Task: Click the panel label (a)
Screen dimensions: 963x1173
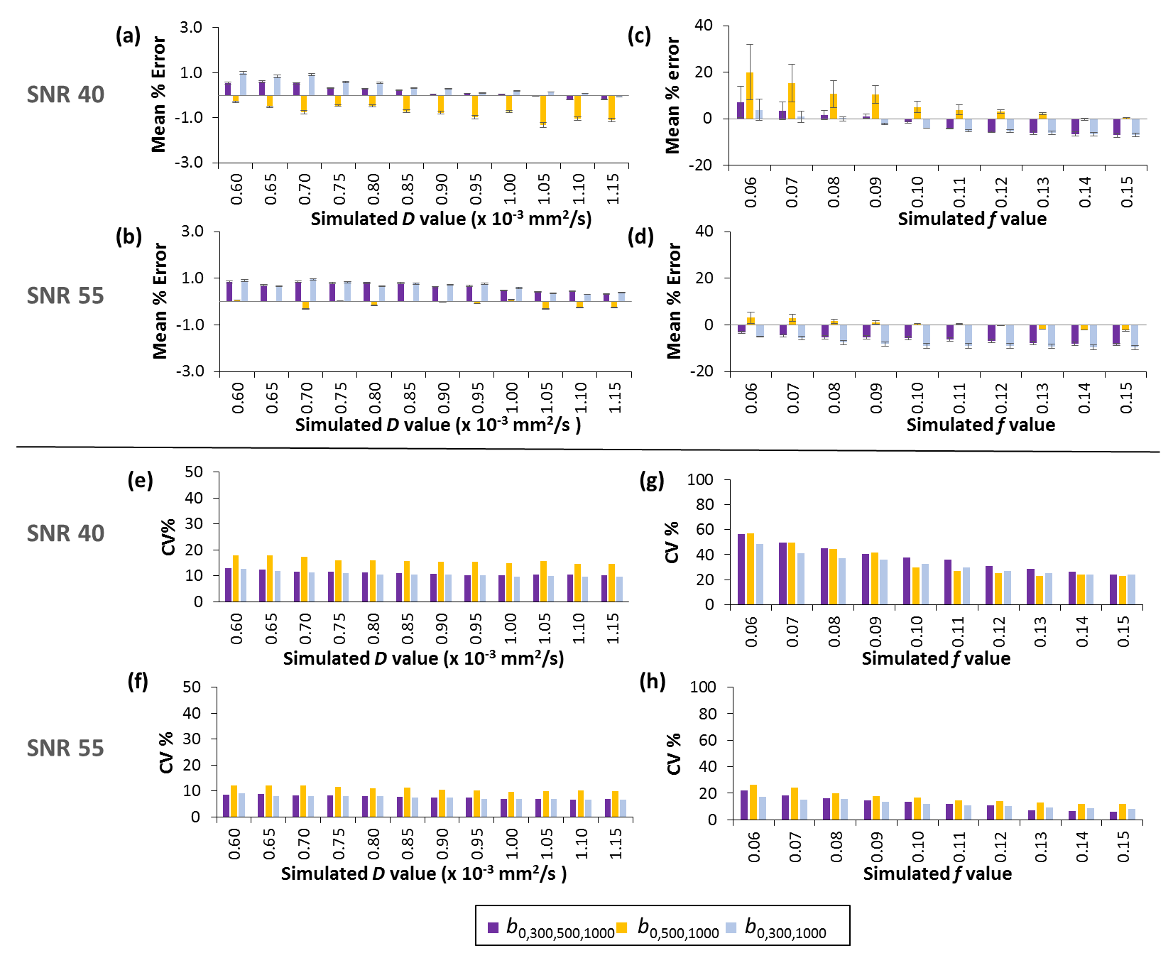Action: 128,36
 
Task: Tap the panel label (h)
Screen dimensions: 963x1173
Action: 652,681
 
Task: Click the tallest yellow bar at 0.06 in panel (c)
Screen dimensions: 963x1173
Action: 750,95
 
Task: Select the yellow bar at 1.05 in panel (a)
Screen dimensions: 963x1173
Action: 543,109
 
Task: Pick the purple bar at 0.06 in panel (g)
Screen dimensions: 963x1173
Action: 741,569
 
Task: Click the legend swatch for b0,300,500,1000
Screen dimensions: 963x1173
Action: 493,927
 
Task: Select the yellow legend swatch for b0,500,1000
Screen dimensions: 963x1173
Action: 622,927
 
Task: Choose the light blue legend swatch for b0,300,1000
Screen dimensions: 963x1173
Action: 731,927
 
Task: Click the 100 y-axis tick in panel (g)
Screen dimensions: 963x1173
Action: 699,480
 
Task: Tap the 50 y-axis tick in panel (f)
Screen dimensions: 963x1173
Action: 191,687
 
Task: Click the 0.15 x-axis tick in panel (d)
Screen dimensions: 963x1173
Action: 1126,398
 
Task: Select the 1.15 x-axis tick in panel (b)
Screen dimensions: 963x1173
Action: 615,398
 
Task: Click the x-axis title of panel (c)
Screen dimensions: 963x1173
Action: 971,219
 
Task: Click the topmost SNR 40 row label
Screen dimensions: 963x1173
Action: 65,94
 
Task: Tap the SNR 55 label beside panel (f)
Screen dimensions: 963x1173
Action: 65,748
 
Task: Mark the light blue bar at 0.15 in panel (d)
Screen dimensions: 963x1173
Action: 1135,335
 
